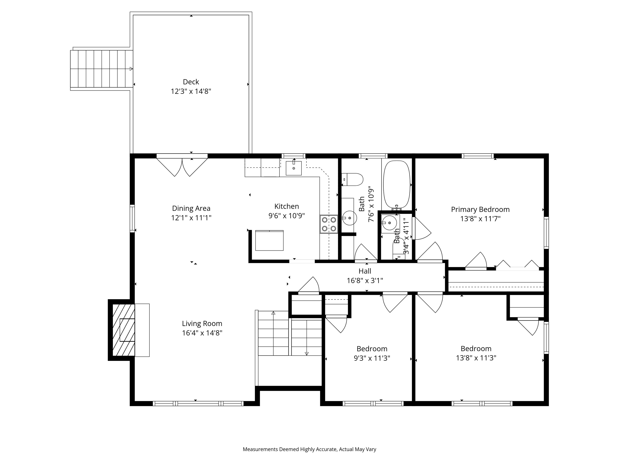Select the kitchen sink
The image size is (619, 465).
click(x=294, y=168)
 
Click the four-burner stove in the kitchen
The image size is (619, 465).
click(x=329, y=224)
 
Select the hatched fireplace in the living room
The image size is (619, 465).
click(x=123, y=330)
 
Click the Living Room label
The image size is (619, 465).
click(x=202, y=324)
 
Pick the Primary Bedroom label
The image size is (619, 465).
click(x=480, y=209)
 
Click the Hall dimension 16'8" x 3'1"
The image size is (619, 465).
click(x=365, y=281)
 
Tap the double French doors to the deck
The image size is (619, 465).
click(x=182, y=167)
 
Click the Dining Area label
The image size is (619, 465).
click(x=191, y=208)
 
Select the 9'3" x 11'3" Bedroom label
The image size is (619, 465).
click(x=372, y=349)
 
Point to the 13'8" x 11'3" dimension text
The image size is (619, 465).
click(x=476, y=358)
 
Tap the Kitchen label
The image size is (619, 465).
click(x=287, y=206)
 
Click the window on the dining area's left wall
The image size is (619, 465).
click(x=132, y=219)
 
